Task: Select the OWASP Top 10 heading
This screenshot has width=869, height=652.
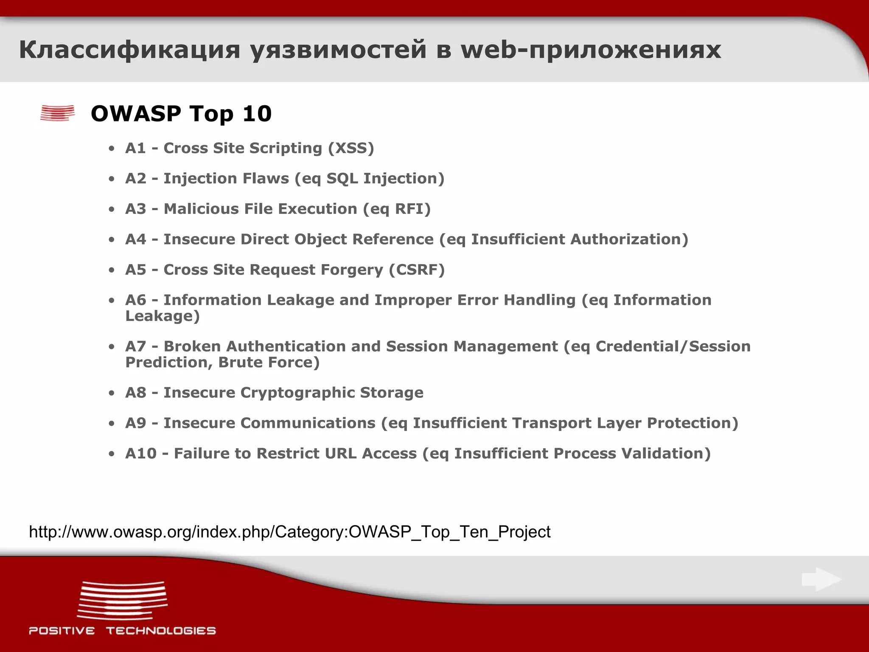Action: (x=181, y=114)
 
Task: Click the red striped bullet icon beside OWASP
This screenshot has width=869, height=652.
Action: (x=57, y=113)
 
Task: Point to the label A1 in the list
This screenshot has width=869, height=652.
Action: (x=135, y=148)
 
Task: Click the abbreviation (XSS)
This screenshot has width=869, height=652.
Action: (x=351, y=148)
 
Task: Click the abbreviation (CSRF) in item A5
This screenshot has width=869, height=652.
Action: (x=417, y=270)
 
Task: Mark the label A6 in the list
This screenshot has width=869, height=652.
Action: (x=135, y=300)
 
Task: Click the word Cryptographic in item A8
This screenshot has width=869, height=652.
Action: (x=297, y=393)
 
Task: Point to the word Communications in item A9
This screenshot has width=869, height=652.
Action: (x=308, y=423)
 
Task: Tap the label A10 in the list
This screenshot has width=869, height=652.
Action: (x=141, y=454)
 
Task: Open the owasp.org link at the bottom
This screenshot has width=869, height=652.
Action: (x=289, y=532)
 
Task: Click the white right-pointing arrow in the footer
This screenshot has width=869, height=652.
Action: (x=821, y=579)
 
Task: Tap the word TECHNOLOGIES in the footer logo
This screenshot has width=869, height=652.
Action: (x=161, y=631)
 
